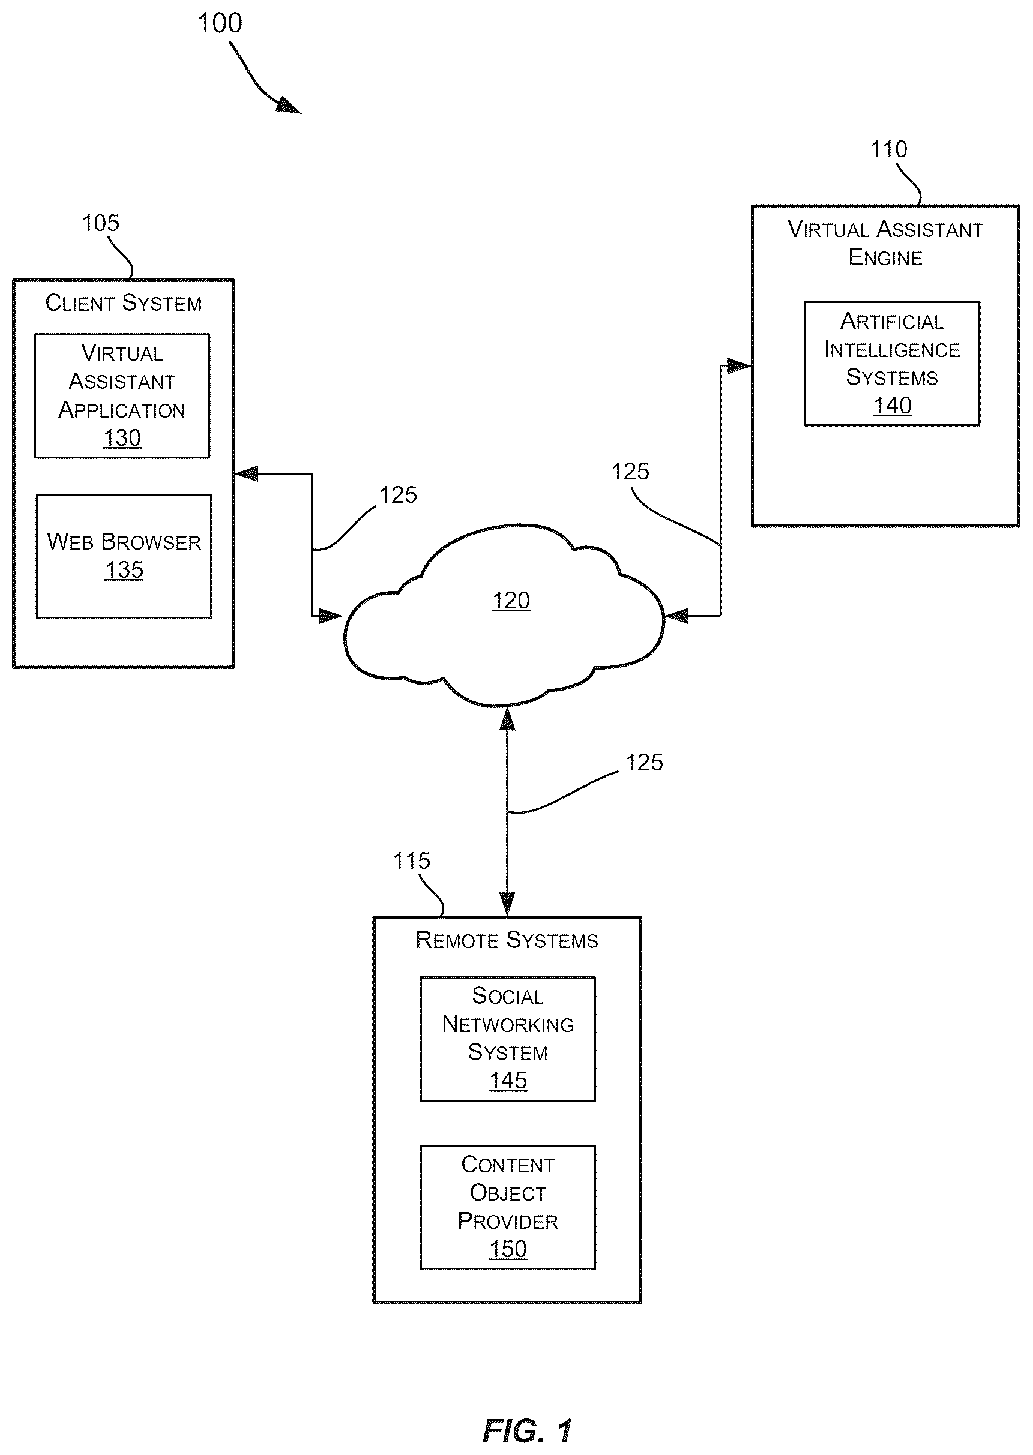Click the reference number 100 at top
click(220, 24)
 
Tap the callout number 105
click(100, 223)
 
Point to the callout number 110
click(888, 149)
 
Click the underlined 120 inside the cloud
click(511, 601)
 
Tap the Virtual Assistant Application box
click(122, 395)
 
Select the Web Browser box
click(124, 556)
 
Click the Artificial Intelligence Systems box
click(892, 364)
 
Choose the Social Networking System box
click(508, 1039)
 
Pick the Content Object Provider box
click(508, 1207)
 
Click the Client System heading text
click(124, 303)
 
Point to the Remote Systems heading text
click(507, 940)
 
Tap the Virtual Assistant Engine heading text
click(885, 244)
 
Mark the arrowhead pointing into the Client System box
click(246, 473)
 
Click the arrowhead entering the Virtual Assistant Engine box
click(739, 366)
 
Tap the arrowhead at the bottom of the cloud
click(507, 718)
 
